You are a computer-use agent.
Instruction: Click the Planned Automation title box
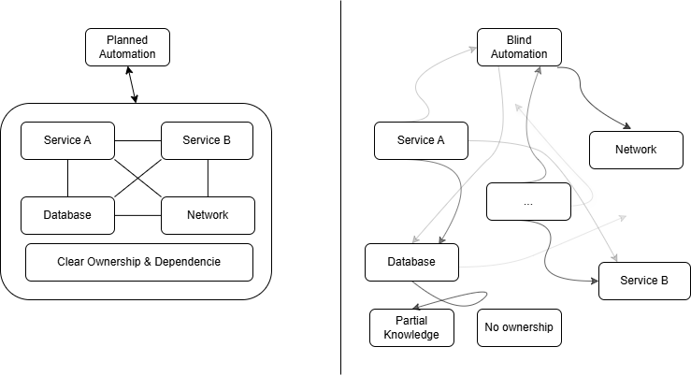(127, 47)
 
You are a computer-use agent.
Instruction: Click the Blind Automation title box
(519, 47)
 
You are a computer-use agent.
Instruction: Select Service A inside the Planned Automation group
(67, 140)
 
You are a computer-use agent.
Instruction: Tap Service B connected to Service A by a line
(207, 140)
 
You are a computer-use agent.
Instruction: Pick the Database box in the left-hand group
(67, 215)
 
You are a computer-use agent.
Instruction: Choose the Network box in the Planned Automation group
(208, 215)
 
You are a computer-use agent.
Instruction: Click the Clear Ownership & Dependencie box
(138, 262)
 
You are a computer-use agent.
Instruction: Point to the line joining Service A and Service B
(137, 140)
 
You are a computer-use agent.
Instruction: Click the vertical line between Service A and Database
(67, 178)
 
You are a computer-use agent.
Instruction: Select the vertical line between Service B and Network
(208, 178)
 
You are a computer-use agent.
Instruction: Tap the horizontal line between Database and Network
(137, 215)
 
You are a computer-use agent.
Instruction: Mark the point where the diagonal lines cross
(137, 178)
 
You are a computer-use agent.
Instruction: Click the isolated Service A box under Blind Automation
(421, 140)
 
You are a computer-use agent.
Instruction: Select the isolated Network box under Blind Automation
(636, 150)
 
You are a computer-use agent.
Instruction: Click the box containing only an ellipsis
(528, 201)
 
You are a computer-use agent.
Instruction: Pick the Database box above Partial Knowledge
(411, 262)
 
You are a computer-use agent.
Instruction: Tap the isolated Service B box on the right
(644, 281)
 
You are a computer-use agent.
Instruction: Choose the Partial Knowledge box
(411, 327)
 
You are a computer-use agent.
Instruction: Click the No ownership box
(519, 327)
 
